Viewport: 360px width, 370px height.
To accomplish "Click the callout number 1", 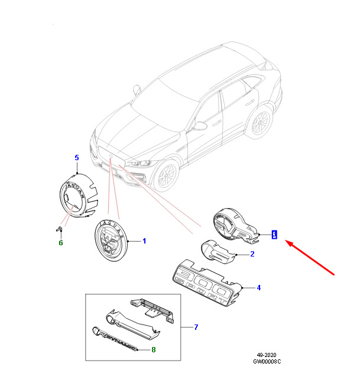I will click(x=144, y=242).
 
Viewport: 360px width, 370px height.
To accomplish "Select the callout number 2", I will click(x=252, y=255).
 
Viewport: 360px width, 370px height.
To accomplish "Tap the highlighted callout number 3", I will click(x=274, y=235).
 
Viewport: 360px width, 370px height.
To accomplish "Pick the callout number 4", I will click(x=258, y=288).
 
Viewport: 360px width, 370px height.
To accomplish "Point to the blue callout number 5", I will click(x=76, y=157).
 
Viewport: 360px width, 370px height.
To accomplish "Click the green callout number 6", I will click(x=60, y=242).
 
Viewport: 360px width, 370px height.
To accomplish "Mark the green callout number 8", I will click(x=154, y=350).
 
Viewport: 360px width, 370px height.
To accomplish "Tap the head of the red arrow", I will click(x=287, y=241).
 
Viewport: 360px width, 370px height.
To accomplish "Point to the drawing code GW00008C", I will click(x=267, y=361).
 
